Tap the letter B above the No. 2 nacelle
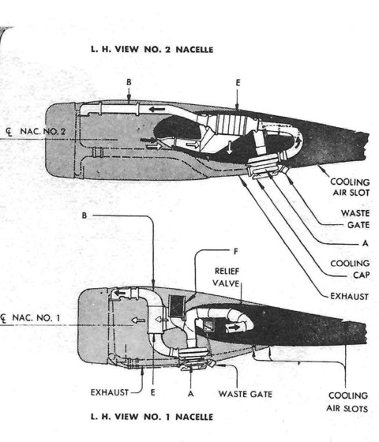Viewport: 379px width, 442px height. (x=129, y=81)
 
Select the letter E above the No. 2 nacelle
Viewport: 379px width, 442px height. (x=238, y=81)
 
